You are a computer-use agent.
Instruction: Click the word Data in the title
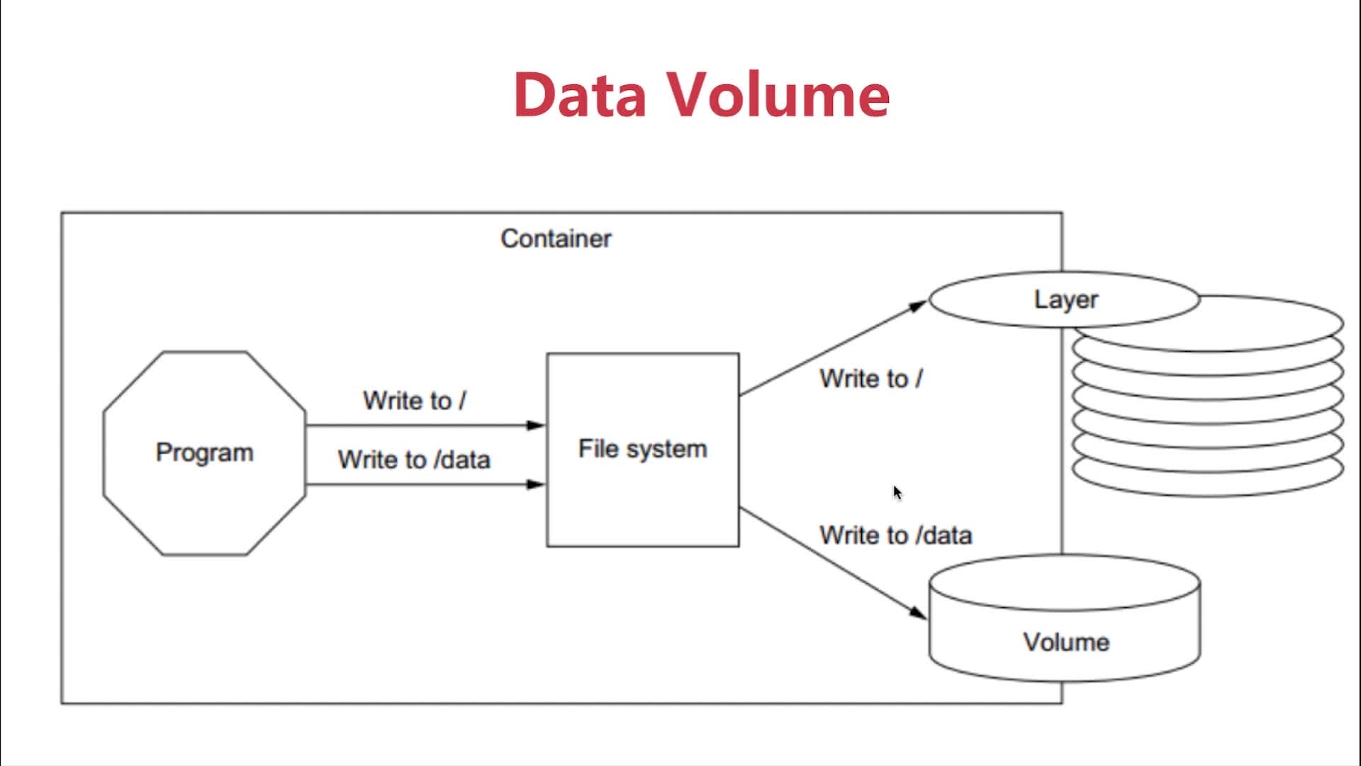click(x=580, y=94)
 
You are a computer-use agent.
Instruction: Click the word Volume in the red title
click(x=778, y=94)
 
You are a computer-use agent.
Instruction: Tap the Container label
click(x=556, y=239)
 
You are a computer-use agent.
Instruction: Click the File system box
click(x=642, y=496)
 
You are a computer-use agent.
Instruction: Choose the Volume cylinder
click(x=1065, y=624)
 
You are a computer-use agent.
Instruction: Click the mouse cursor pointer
click(x=897, y=492)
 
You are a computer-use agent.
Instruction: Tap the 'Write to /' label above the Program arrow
click(x=414, y=401)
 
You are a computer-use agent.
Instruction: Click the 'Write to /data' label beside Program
click(x=414, y=460)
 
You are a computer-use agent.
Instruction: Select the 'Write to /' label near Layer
click(x=870, y=379)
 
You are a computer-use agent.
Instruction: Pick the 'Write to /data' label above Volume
click(x=895, y=535)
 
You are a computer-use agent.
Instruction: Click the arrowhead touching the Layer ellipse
click(x=918, y=306)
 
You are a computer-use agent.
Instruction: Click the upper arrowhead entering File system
click(x=536, y=426)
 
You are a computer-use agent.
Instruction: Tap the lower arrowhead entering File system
click(x=536, y=484)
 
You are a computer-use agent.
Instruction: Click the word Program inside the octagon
click(x=204, y=453)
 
